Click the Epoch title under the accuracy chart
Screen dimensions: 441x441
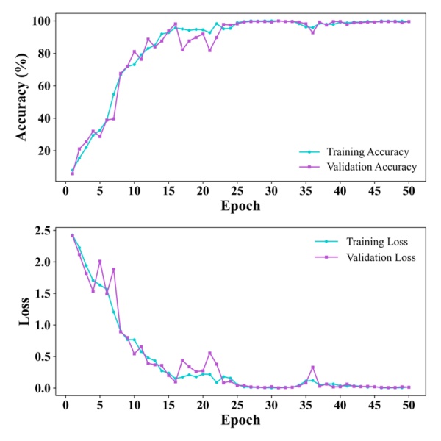pyautogui.click(x=239, y=207)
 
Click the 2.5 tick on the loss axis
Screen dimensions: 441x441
pyautogui.click(x=45, y=231)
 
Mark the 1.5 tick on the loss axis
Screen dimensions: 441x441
pyautogui.click(x=45, y=294)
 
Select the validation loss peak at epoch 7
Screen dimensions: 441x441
pyautogui.click(x=113, y=269)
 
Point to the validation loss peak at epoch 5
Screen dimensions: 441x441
pyautogui.click(x=100, y=261)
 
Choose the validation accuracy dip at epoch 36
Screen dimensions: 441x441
pyautogui.click(x=312, y=32)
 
